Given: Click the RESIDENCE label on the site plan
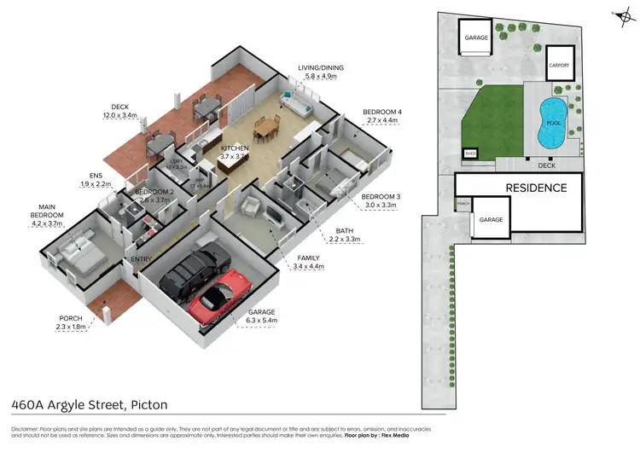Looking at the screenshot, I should (536, 188).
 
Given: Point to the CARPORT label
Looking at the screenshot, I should (559, 64).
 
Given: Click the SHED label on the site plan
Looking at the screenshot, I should (470, 154).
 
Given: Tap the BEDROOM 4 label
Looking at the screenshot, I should (381, 112).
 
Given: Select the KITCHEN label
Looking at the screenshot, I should (235, 148).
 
